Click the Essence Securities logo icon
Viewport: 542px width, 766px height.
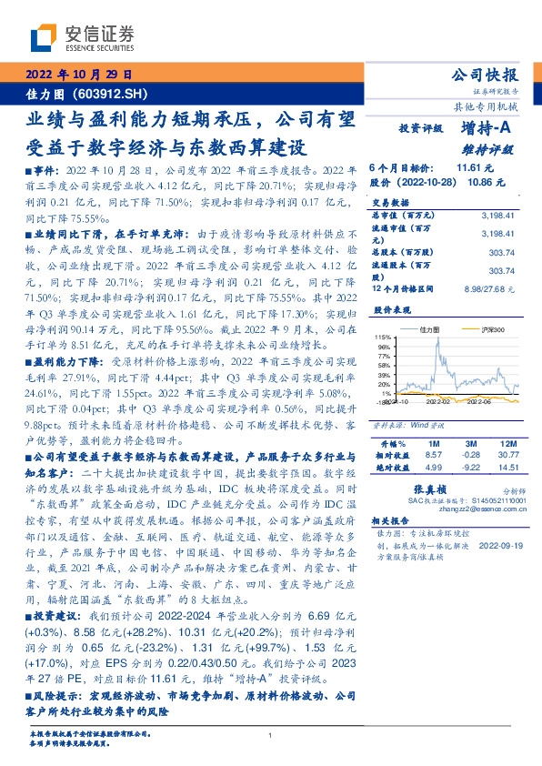45,37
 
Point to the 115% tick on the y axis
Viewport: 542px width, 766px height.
382,337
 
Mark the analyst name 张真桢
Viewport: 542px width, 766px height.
451,489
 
